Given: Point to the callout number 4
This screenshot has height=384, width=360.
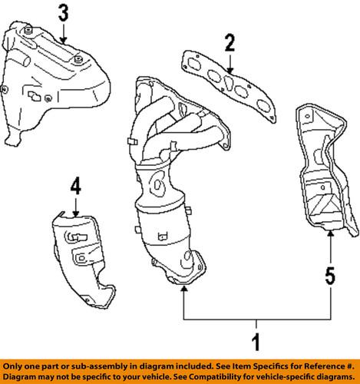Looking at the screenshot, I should (x=75, y=187).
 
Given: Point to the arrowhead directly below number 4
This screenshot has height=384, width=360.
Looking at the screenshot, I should (x=75, y=212).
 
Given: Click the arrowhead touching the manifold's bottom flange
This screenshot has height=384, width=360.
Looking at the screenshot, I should (x=184, y=290).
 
